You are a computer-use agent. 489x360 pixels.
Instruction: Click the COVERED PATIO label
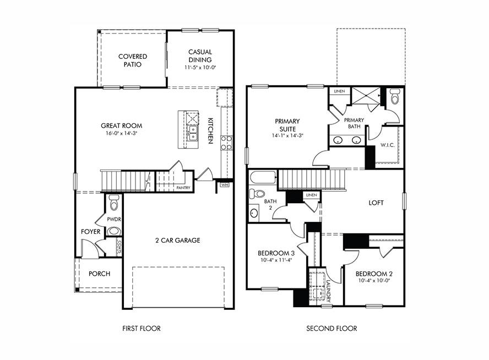[x=132, y=60]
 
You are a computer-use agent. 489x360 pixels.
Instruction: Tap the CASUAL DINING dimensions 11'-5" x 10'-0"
[x=200, y=68]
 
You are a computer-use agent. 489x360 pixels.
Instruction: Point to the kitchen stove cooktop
[x=226, y=143]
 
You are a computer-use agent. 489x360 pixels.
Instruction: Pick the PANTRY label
[x=183, y=188]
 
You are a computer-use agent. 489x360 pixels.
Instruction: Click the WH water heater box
[x=224, y=185]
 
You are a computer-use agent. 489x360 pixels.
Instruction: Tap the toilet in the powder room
[x=114, y=203]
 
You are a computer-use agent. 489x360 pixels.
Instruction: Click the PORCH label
[x=99, y=274]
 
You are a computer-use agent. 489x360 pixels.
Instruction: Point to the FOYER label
[x=91, y=232]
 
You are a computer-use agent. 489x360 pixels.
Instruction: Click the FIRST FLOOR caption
[x=142, y=329]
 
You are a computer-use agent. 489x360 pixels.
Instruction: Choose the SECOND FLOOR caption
[x=332, y=329]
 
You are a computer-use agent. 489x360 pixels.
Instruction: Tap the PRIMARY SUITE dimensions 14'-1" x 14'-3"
[x=287, y=135]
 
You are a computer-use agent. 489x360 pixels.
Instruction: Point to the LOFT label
[x=376, y=203]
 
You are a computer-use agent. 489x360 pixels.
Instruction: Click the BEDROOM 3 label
[x=276, y=254]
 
